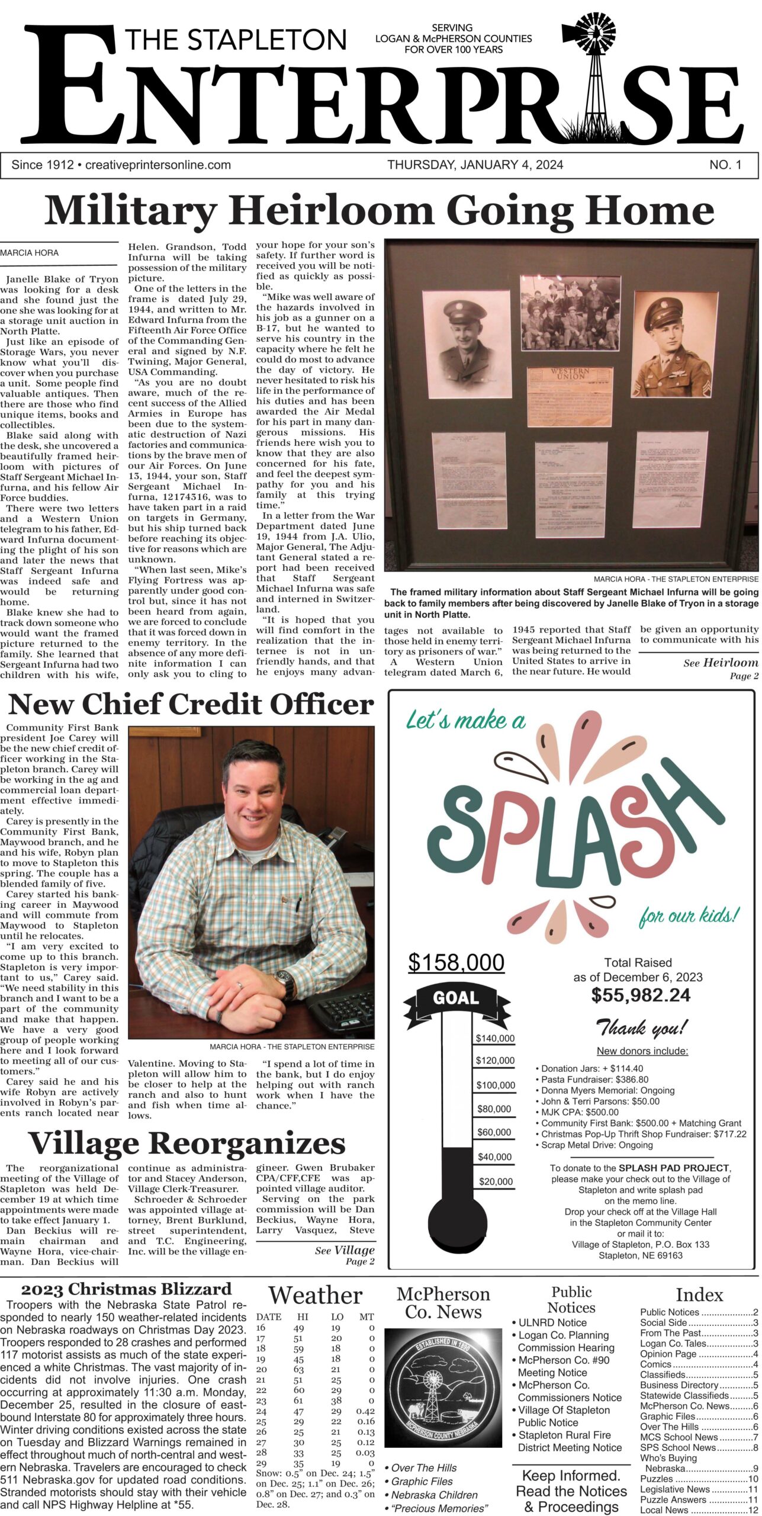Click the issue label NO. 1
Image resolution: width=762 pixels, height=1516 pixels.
[x=725, y=165]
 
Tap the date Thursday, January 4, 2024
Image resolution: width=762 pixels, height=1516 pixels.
[x=475, y=165]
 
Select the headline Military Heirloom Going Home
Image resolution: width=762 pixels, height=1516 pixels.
[x=379, y=211]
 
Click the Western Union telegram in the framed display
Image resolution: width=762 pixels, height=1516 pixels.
[x=569, y=396]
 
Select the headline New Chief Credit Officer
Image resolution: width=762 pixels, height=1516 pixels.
[x=191, y=705]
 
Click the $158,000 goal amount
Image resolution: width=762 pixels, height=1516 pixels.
[x=456, y=962]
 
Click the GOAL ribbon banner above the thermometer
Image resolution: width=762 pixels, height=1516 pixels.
[x=456, y=999]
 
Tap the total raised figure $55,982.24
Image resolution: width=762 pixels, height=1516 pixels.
[x=641, y=995]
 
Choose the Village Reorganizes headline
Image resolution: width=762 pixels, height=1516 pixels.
[x=187, y=1144]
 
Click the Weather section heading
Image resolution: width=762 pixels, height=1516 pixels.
[x=315, y=1296]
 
